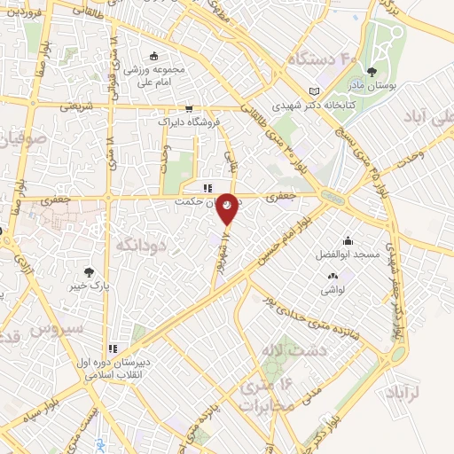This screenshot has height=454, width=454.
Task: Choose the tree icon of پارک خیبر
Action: (88, 272)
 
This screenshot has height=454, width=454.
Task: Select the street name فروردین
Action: (20, 11)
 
